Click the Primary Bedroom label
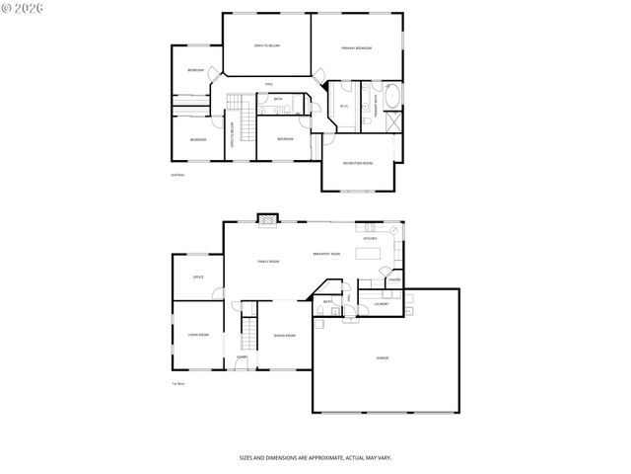(356, 47)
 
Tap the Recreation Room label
(357, 163)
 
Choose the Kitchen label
(370, 239)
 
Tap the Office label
(198, 277)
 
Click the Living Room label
(198, 335)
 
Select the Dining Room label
(284, 336)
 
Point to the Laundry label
(381, 304)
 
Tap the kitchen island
(369, 255)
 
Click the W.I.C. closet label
(344, 106)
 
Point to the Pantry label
(392, 280)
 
